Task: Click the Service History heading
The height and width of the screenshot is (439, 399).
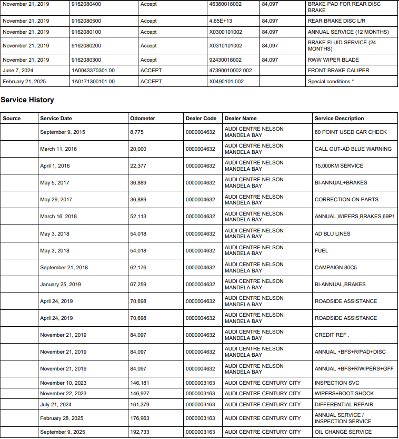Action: point(27,100)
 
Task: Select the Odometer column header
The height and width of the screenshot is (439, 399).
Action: point(143,119)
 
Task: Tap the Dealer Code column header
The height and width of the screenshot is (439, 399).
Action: point(201,119)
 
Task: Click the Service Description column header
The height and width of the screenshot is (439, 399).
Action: point(339,119)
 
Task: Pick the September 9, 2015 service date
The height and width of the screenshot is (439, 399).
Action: point(63,132)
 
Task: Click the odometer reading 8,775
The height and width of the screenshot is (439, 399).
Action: point(137,132)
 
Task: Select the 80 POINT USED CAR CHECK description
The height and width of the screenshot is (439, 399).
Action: point(351,132)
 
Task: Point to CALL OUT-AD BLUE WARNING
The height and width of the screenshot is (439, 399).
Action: point(353,149)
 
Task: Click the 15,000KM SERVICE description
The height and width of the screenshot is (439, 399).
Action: point(339,166)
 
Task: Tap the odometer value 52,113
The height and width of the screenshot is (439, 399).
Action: point(138,217)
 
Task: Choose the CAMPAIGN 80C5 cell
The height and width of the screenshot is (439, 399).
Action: point(336,268)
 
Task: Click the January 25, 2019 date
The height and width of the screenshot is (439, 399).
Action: point(61,285)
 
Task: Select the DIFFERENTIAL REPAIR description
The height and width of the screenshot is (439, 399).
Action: point(344,405)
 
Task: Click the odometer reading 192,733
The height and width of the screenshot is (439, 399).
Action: point(140,432)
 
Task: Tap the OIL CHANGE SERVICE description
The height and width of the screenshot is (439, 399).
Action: point(343,432)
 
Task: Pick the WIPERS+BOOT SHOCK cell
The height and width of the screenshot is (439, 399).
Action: point(344,394)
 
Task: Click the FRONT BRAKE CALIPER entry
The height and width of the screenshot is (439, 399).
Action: point(338,71)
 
